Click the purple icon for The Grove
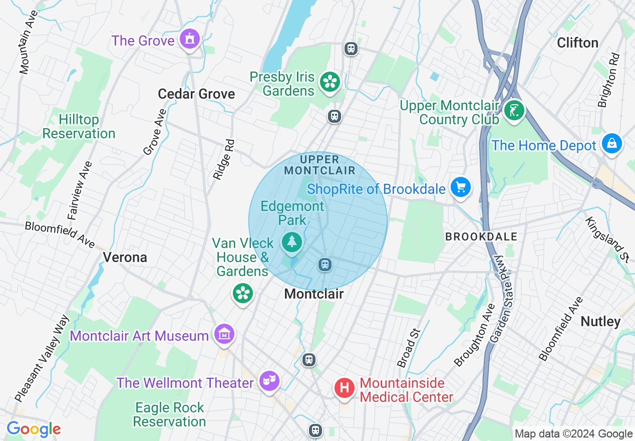[189, 39]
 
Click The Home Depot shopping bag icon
[612, 144]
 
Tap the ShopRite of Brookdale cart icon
[460, 187]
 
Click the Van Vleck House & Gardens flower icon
[243, 293]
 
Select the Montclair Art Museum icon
[224, 334]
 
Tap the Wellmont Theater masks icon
[269, 381]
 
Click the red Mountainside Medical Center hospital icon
[345, 388]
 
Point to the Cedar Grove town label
[196, 94]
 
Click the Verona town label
[125, 258]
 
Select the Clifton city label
[577, 43]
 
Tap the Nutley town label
[600, 321]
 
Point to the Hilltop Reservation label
[79, 127]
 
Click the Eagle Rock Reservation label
[170, 415]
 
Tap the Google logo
[34, 429]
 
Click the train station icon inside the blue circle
[325, 264]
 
